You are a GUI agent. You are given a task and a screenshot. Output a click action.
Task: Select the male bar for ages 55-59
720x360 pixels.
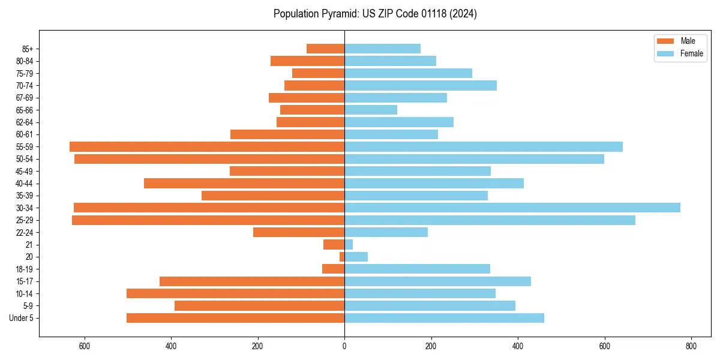(207, 146)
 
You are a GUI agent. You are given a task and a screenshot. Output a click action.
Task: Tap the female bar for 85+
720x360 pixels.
(382, 49)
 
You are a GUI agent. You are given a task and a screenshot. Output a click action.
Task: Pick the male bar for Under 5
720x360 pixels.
(235, 318)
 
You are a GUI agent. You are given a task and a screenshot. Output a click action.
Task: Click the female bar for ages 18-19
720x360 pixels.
(417, 269)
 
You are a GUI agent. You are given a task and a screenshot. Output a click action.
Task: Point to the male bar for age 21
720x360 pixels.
(334, 244)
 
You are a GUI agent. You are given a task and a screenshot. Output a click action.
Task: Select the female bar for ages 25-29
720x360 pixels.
(490, 220)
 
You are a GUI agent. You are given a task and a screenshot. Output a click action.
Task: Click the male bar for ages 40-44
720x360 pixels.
(244, 183)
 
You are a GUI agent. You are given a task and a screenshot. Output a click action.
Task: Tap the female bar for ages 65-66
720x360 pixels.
(371, 110)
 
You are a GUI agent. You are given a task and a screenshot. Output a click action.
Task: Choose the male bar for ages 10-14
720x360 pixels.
(235, 293)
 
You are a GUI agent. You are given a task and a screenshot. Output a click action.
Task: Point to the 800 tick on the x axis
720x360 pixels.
(691, 346)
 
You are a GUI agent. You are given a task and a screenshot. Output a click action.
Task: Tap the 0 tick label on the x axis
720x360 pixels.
(344, 346)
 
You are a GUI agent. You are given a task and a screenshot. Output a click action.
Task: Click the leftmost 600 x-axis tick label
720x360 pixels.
(84, 346)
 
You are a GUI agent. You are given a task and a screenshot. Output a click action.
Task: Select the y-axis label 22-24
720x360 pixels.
(24, 232)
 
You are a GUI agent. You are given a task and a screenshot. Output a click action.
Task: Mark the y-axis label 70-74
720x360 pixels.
(24, 85)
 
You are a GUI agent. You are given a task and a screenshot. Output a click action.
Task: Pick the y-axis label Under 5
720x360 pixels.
(22, 318)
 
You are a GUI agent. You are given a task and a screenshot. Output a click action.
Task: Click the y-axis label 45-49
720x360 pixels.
(24, 171)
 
